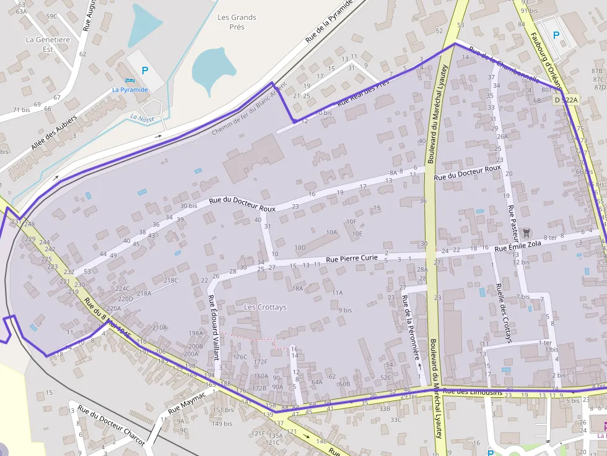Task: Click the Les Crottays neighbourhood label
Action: coord(265,307)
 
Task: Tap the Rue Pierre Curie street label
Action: coord(352,258)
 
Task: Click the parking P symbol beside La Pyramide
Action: coord(145,71)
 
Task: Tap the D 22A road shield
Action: coord(566,100)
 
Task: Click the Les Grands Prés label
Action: coord(237,22)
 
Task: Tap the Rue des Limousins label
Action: coord(473,391)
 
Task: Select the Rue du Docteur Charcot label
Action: coord(111,428)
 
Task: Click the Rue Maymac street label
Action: coord(186,402)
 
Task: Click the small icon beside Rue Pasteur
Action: coord(526,233)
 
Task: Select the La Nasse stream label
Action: coord(142,118)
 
